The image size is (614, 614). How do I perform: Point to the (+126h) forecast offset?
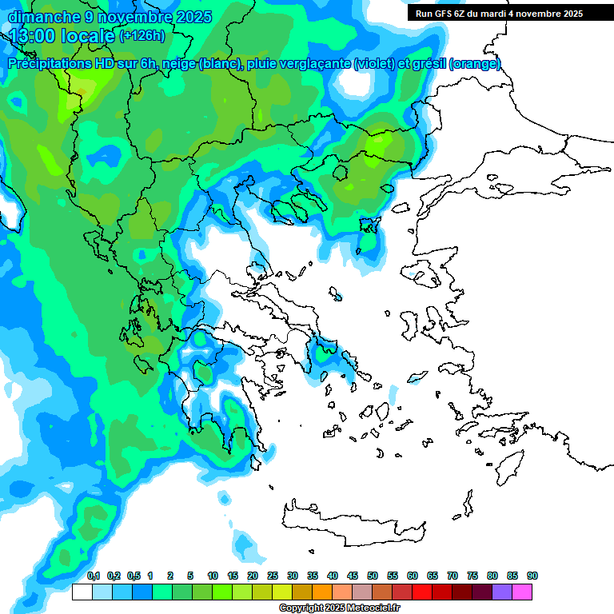(x=142, y=36)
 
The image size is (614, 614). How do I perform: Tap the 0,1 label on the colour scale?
(x=93, y=576)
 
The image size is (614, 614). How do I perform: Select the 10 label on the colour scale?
(x=213, y=576)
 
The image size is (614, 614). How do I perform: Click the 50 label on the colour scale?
(x=373, y=576)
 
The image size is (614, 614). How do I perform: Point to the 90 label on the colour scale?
(x=532, y=576)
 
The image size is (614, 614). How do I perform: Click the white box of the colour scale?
(x=82, y=592)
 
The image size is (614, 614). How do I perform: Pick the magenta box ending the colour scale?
(x=522, y=592)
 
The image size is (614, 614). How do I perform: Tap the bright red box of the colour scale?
(x=422, y=592)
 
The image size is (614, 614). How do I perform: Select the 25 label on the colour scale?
(x=273, y=576)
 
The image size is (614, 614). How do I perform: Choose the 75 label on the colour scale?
(x=472, y=576)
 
